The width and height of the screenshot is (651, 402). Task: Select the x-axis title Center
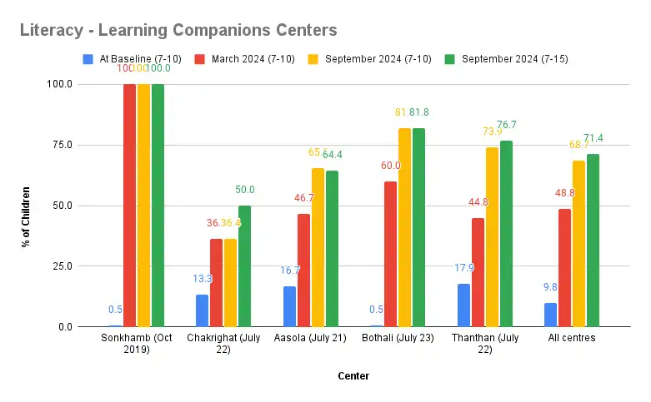[353, 376]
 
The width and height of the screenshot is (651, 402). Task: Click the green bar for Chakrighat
[244, 266]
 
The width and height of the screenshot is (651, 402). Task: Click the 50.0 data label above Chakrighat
[245, 190]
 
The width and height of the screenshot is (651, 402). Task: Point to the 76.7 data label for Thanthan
[506, 125]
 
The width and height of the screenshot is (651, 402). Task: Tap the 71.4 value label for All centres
[593, 138]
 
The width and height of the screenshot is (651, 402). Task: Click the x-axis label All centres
[572, 339]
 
